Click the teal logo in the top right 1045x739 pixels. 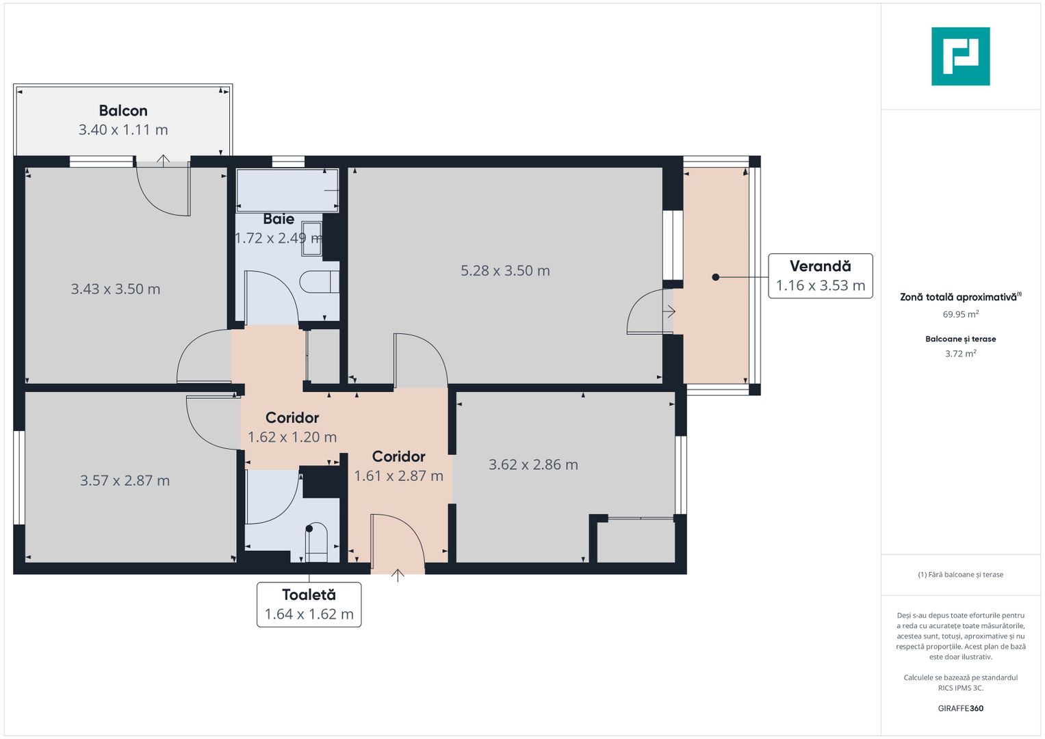tap(960, 56)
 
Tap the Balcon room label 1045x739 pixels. tap(123, 111)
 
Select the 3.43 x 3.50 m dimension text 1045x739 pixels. tap(116, 289)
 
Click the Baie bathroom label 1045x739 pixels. tap(279, 219)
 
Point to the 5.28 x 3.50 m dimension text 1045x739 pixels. tap(505, 271)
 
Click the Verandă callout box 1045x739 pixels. tap(820, 276)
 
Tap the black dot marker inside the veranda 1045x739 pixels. tap(715, 277)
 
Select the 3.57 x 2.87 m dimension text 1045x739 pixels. tap(125, 481)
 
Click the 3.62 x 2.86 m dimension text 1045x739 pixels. tap(533, 465)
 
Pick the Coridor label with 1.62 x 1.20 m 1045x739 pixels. tap(292, 418)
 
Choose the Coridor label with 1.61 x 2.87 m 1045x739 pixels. tap(398, 457)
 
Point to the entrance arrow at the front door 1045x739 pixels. tap(398, 575)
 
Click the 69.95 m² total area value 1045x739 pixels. tap(960, 315)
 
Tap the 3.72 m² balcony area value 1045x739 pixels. tap(960, 354)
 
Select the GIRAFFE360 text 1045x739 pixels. tap(960, 708)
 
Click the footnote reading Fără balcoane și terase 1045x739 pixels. tap(960, 575)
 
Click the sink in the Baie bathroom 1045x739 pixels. tap(311, 239)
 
